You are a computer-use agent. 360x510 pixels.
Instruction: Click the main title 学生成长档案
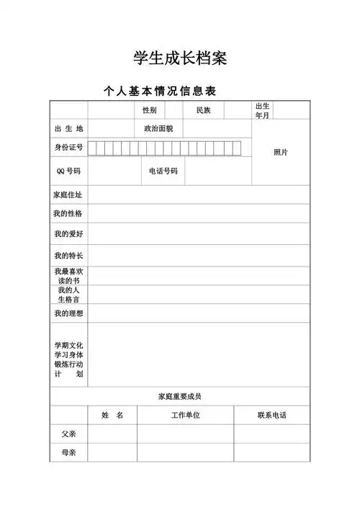(x=180, y=58)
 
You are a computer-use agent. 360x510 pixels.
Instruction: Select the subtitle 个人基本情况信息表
(x=160, y=91)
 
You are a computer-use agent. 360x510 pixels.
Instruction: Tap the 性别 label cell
(x=149, y=110)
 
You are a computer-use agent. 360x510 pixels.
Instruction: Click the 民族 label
(x=203, y=110)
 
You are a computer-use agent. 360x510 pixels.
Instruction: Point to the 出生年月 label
(x=261, y=110)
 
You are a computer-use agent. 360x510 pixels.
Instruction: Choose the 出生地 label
(x=68, y=128)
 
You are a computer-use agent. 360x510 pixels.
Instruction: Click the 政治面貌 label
(x=163, y=128)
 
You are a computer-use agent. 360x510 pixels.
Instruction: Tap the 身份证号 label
(x=68, y=148)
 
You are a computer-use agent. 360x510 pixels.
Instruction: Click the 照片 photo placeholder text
(x=281, y=152)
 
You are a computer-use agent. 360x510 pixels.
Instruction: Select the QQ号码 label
(x=68, y=171)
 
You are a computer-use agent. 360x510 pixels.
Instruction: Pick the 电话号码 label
(x=163, y=171)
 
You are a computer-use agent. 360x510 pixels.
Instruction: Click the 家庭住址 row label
(x=68, y=194)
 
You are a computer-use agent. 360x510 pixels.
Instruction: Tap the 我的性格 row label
(x=68, y=213)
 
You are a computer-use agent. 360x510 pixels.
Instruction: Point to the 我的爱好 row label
(x=68, y=234)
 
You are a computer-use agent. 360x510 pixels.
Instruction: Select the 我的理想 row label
(x=68, y=313)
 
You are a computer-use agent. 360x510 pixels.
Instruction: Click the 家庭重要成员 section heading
(x=180, y=396)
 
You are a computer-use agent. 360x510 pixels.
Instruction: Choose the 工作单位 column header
(x=185, y=416)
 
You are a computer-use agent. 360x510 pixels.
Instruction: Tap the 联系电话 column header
(x=271, y=416)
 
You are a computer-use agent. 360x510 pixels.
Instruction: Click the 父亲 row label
(x=68, y=434)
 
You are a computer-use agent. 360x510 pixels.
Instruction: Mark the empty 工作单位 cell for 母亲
(x=185, y=453)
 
